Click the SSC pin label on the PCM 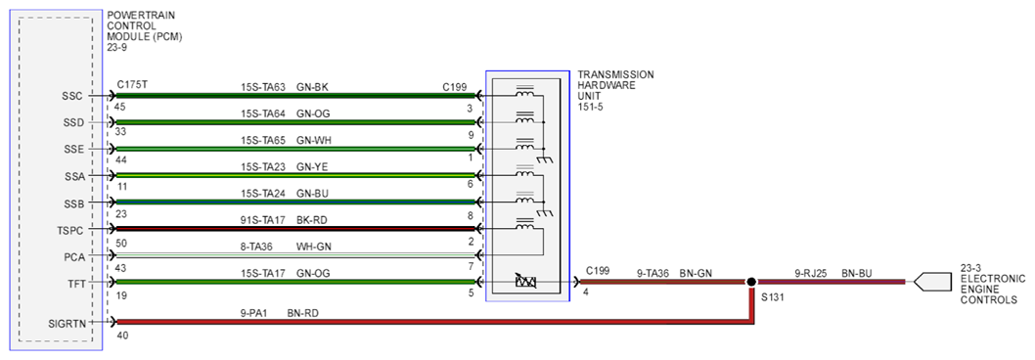tap(72, 97)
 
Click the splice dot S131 tap(750, 282)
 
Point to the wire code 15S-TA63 tap(263, 86)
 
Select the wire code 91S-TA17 tap(263, 221)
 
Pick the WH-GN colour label tap(314, 247)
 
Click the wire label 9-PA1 tap(254, 313)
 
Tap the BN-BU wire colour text tap(857, 272)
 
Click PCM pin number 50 tap(120, 244)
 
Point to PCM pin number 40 tap(122, 336)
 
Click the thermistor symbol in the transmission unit tap(526, 282)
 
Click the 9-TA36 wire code tap(652, 272)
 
